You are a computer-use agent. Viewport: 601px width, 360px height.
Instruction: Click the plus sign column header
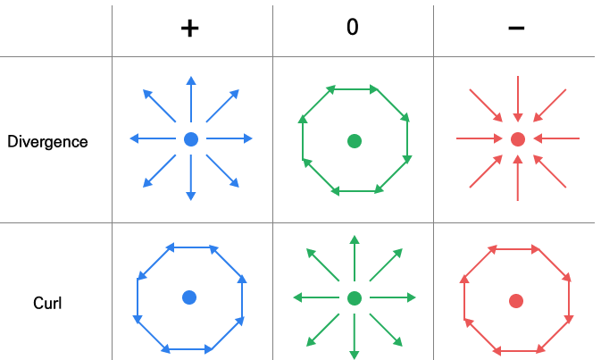click(189, 28)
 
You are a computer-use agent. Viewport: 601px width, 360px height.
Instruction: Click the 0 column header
click(353, 28)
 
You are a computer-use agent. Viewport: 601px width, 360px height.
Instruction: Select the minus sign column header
click(516, 28)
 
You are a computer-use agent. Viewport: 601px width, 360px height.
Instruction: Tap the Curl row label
click(46, 304)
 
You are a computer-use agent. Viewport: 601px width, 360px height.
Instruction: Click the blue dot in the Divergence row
click(190, 139)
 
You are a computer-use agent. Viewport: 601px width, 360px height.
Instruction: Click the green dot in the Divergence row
click(355, 140)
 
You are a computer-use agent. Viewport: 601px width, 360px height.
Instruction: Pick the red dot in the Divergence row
click(517, 139)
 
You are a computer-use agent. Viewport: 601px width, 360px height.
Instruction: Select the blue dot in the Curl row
click(189, 297)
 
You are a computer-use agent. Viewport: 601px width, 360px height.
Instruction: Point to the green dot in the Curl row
click(354, 298)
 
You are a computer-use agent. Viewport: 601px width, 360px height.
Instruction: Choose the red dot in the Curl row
click(515, 301)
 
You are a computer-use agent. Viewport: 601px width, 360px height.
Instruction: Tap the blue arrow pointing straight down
click(190, 176)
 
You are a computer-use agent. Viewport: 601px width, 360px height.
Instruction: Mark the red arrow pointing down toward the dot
click(518, 103)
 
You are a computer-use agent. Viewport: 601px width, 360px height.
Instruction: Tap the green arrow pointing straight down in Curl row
click(355, 335)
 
